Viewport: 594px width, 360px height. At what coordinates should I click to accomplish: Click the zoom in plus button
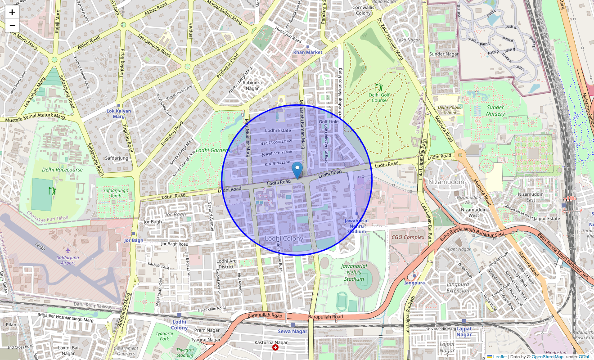tap(12, 12)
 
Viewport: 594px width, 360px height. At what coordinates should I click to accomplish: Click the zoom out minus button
tap(12, 26)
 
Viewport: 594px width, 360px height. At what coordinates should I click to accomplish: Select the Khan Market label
tap(308, 52)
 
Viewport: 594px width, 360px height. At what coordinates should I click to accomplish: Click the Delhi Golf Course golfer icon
tap(379, 87)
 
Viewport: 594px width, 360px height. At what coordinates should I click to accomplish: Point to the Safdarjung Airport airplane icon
tap(68, 250)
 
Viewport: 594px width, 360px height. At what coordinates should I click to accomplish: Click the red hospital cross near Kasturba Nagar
tap(275, 347)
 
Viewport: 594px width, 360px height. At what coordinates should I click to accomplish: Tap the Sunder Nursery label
tap(495, 111)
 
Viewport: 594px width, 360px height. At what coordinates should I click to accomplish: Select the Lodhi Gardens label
tap(213, 150)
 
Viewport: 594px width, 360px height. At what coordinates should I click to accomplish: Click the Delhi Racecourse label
tap(63, 170)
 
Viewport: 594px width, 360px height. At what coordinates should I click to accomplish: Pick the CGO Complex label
tap(408, 237)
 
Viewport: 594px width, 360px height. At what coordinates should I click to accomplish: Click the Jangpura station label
tap(414, 283)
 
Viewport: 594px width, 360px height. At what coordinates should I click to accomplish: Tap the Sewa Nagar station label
tap(292, 331)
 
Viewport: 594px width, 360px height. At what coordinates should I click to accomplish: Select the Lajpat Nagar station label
tap(464, 332)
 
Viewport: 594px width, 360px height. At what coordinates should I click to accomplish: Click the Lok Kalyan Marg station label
tap(119, 113)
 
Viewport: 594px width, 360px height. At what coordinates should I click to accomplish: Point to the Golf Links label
tap(329, 122)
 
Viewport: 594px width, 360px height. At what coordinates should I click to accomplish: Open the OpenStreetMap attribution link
tap(547, 356)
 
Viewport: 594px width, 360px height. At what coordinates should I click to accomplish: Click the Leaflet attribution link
tap(499, 356)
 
